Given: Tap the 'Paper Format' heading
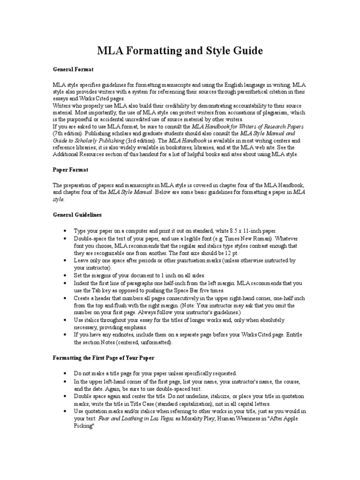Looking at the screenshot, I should coord(70,169).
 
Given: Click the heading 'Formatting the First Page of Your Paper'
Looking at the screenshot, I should coord(104,358).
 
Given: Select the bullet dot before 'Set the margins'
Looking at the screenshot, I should coord(64,276).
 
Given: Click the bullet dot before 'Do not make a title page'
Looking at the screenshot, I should coord(64,374).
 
